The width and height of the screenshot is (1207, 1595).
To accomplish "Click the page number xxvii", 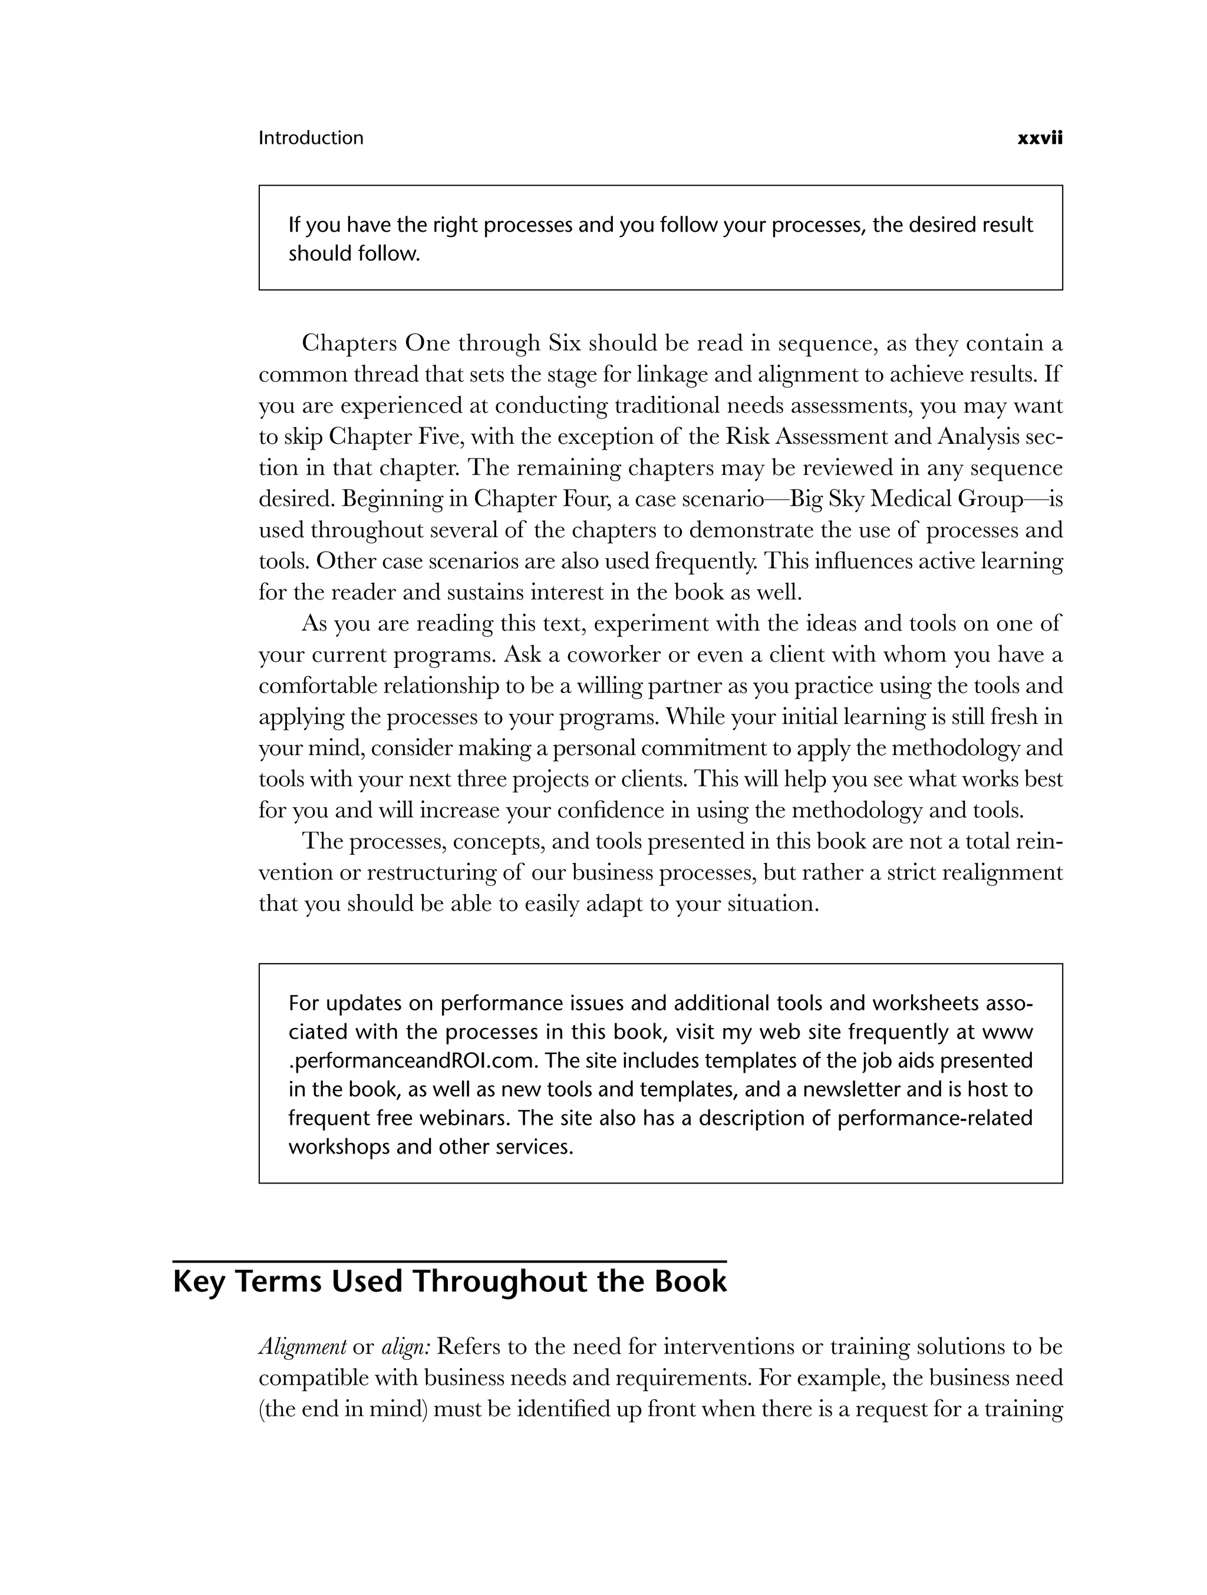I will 1039,139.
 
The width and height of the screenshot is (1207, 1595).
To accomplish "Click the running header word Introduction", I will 311,139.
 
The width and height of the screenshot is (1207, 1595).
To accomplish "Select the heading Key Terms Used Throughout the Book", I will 450,1281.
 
